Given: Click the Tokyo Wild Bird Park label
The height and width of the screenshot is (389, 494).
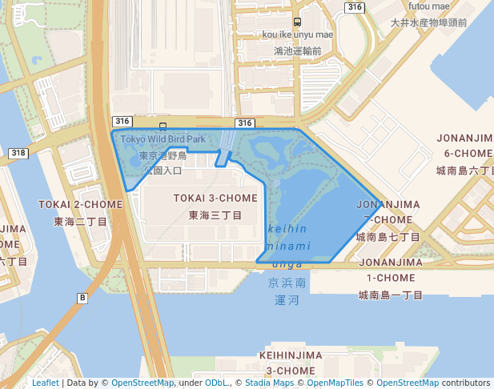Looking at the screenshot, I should click(x=163, y=138).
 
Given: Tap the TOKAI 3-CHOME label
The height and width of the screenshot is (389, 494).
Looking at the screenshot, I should click(x=216, y=198).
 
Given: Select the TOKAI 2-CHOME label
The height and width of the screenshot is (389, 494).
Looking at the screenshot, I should click(x=81, y=204).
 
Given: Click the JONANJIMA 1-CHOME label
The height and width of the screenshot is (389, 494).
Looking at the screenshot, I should click(x=390, y=270).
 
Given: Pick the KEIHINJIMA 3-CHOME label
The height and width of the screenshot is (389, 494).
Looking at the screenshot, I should click(x=291, y=363).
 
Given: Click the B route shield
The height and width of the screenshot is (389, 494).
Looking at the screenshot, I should click(x=82, y=298).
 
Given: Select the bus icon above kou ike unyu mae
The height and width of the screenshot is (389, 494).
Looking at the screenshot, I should click(x=297, y=22).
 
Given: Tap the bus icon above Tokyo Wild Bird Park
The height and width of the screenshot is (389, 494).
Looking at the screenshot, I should click(x=163, y=126).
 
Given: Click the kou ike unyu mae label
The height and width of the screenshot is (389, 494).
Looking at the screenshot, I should click(x=297, y=34).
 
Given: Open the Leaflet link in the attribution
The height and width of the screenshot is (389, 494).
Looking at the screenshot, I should click(x=45, y=383).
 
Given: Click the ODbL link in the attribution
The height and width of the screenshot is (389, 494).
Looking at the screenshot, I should click(x=216, y=383).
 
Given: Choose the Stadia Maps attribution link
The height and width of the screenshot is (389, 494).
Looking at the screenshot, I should click(x=267, y=383).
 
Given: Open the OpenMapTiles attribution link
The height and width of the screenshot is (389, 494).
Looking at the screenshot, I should click(x=338, y=383).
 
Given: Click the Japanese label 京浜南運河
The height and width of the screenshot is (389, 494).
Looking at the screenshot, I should click(x=288, y=291).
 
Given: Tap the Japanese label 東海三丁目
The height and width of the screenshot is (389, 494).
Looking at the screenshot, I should click(x=215, y=215).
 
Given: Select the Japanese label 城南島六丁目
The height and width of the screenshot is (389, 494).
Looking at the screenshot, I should click(x=467, y=171).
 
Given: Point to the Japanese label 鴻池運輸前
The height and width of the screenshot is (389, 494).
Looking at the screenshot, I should click(x=297, y=50).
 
